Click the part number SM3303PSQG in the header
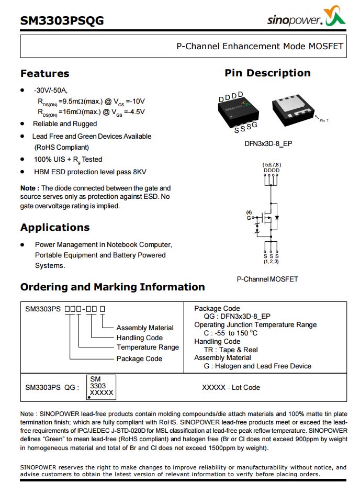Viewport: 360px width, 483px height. click(x=62, y=20)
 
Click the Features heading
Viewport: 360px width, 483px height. click(x=44, y=73)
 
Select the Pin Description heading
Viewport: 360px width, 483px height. click(x=267, y=73)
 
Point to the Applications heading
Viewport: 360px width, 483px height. click(x=55, y=227)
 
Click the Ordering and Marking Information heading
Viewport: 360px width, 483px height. click(x=113, y=287)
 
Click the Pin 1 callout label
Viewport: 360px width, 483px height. click(x=324, y=120)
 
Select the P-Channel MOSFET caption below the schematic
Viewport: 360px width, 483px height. click(x=267, y=279)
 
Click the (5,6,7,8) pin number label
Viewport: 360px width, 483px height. click(x=271, y=165)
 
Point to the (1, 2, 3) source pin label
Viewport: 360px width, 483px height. click(x=271, y=261)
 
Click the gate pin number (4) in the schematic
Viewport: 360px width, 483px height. click(x=249, y=212)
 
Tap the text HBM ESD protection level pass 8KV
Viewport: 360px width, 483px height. click(x=90, y=172)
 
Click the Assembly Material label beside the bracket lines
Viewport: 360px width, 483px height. click(x=145, y=328)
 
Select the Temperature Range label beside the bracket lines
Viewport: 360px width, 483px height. click(x=148, y=347)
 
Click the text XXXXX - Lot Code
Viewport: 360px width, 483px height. click(x=231, y=387)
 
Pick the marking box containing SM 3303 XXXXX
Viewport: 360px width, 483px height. click(x=101, y=386)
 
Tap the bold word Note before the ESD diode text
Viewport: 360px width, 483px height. click(x=28, y=188)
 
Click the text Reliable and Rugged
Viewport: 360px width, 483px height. click(x=65, y=124)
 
